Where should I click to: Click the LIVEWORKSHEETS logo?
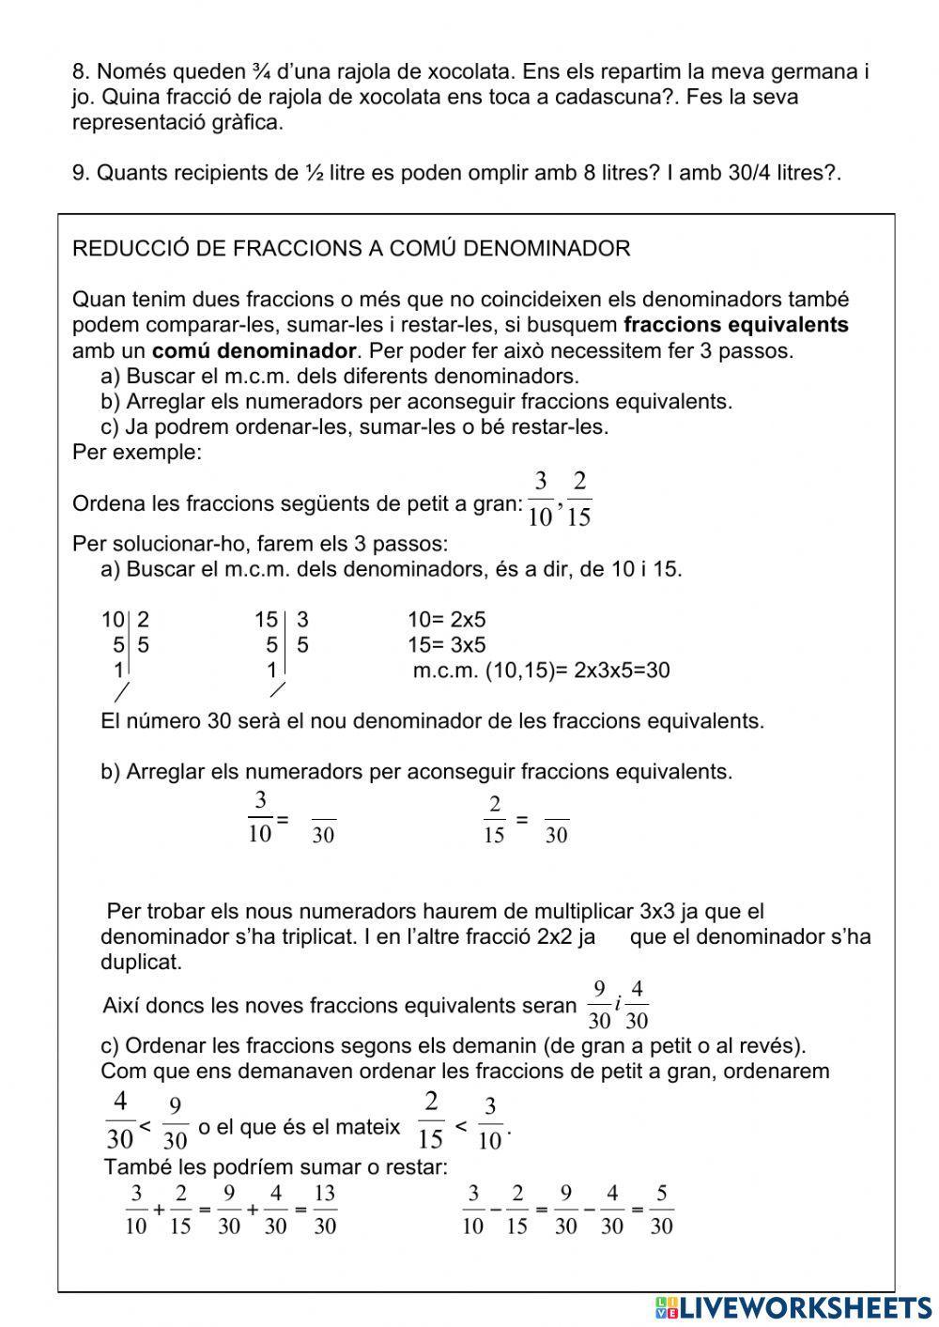click(x=794, y=1307)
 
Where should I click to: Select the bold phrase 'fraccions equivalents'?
click(x=735, y=325)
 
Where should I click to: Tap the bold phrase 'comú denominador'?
click(x=254, y=351)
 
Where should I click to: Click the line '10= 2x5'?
click(x=446, y=620)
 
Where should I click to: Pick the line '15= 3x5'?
click(x=446, y=645)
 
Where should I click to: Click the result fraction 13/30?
click(x=325, y=1210)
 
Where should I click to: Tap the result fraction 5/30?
click(x=661, y=1210)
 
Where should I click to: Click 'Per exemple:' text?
click(x=136, y=453)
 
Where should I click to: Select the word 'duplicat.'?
click(x=141, y=963)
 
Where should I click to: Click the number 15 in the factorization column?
click(x=266, y=620)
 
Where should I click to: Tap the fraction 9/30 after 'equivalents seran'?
click(x=598, y=1005)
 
